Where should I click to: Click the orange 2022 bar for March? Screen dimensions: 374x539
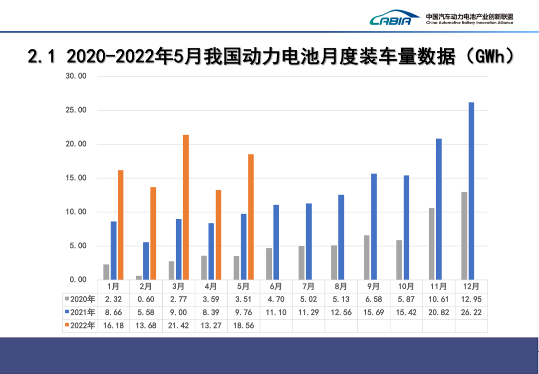tap(186, 207)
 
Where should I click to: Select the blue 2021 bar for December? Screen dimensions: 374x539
tap(471, 190)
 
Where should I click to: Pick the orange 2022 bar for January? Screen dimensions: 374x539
tap(120, 224)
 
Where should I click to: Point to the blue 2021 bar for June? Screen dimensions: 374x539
tap(276, 242)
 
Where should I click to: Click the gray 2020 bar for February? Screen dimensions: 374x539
tap(139, 277)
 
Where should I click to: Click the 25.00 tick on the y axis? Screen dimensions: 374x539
tap(76, 110)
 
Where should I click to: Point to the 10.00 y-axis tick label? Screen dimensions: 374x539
tap(76, 212)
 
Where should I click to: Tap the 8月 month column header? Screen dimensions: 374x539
tap(341, 286)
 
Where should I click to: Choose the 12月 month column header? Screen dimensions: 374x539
tap(471, 286)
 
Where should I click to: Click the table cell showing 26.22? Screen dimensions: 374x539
tap(471, 312)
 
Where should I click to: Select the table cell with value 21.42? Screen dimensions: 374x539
tap(178, 325)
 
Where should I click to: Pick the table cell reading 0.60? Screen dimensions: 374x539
tap(146, 299)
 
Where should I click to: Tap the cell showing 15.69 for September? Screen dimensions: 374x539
tap(373, 312)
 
